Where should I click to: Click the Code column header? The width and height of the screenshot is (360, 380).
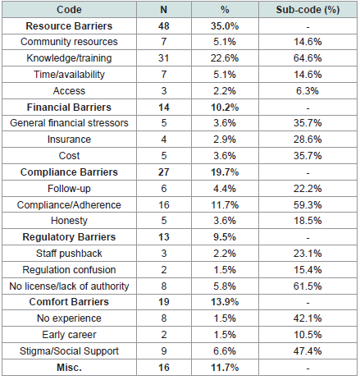point(69,10)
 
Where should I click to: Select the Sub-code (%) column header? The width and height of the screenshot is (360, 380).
point(308,10)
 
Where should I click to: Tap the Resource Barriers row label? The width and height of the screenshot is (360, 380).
point(69,26)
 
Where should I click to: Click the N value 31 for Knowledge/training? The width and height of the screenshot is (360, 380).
point(164,58)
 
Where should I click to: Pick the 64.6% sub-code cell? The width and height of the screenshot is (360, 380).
point(308,58)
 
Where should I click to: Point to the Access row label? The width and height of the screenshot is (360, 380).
point(69,91)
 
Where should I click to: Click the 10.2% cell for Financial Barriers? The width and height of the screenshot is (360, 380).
point(225,108)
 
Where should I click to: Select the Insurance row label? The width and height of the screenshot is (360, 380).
point(69,140)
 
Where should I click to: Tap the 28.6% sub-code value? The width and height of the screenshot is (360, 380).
point(308,140)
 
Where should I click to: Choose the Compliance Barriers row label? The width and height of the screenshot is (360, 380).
point(69,172)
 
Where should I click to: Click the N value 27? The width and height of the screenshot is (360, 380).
point(164,172)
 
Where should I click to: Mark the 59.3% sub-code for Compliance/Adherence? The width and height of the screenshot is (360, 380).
point(308,205)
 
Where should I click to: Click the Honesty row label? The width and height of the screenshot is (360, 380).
point(69,221)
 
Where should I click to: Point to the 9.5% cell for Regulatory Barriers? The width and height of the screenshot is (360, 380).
point(225,237)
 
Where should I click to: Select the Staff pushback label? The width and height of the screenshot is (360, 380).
point(69,254)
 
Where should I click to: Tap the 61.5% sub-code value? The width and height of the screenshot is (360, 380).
point(308,286)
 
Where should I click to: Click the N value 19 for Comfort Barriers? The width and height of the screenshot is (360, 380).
point(164,302)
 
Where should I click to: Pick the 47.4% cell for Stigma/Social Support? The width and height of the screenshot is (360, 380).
point(308,351)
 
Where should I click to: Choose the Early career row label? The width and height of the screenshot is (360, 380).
point(69,335)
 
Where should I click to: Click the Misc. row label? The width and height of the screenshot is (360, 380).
point(69,368)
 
